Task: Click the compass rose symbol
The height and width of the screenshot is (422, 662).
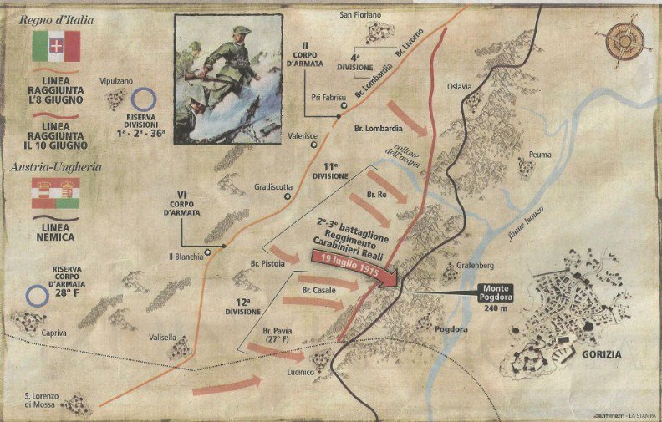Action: click(625, 42)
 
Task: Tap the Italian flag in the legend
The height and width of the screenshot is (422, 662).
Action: click(56, 46)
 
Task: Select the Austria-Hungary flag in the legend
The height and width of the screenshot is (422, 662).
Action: click(56, 192)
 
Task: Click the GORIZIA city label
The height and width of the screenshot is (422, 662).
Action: click(599, 353)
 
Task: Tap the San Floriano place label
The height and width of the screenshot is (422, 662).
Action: click(360, 15)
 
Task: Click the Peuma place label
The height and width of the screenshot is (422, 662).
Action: click(540, 155)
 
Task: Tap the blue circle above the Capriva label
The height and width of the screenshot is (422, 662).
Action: click(37, 295)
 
